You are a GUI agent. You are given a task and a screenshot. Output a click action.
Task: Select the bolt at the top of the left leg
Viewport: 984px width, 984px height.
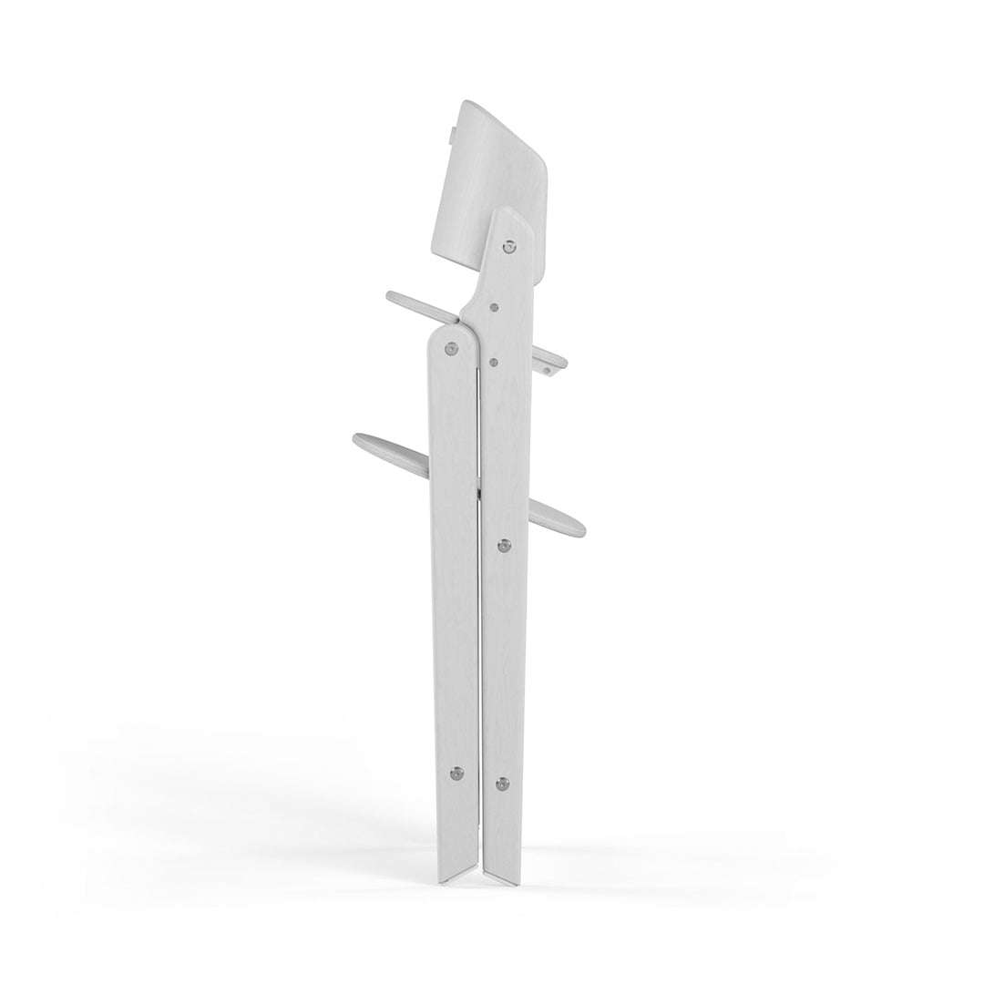(x=451, y=347)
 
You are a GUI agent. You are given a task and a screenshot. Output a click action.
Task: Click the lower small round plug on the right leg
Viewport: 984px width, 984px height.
(x=493, y=362)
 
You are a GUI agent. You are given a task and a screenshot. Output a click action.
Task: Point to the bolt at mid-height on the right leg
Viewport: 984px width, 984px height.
(x=504, y=545)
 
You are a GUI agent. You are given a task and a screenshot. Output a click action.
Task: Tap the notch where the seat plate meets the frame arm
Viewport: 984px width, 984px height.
(x=459, y=321)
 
